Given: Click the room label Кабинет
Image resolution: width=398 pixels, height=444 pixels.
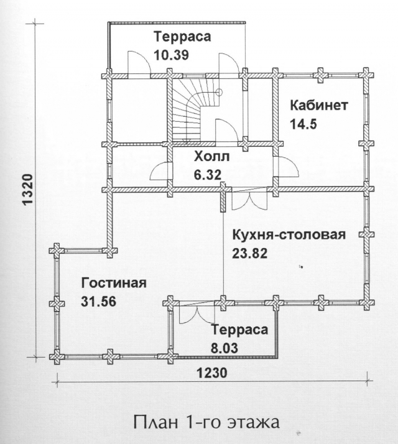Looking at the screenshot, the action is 319,106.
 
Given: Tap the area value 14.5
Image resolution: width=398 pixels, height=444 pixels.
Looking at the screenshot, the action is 303,124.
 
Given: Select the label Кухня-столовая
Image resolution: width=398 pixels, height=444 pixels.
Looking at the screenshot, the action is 289,235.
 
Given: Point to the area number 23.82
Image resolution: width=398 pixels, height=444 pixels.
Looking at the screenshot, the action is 250,254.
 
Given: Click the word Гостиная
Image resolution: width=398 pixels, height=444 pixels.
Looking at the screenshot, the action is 114,283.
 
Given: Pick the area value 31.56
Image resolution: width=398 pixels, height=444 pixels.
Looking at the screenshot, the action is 99,302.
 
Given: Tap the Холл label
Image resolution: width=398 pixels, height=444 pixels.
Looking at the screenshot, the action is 211,157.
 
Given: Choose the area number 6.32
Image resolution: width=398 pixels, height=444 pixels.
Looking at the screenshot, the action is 208,175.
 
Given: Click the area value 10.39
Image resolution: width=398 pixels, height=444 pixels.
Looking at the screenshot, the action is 172,55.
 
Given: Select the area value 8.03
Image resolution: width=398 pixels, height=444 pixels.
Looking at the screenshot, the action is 224,348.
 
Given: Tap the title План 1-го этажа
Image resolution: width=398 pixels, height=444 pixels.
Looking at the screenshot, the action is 206,422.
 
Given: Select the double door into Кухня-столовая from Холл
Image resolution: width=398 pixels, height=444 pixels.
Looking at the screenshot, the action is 249,200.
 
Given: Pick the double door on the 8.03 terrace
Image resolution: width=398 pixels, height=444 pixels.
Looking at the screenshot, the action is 197,314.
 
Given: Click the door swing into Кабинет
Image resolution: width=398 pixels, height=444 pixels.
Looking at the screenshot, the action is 289,168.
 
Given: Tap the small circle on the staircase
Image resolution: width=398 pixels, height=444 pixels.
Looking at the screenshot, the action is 219,91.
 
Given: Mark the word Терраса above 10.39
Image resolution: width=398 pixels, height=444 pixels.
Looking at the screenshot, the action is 182,37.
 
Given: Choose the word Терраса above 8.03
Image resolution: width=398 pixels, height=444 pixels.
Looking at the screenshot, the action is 239,330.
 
